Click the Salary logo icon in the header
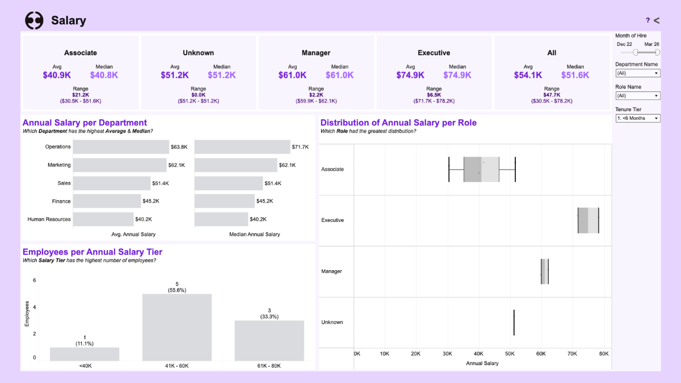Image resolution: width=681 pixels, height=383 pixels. [x=34, y=20]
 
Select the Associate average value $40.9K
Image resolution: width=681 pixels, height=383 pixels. [x=57, y=75]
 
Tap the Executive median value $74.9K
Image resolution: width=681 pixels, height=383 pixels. [x=457, y=75]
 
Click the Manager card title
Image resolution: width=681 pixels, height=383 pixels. [x=316, y=53]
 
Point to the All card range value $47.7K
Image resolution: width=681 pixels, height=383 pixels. [x=552, y=95]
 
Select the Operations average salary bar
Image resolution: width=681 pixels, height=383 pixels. [x=121, y=147]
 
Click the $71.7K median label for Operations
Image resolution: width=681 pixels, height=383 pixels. [x=300, y=147]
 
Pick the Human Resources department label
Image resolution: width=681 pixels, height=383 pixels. [x=49, y=219]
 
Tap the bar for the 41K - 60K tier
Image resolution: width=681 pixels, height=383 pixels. [x=176, y=327]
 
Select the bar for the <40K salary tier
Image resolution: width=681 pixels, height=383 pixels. [x=85, y=354]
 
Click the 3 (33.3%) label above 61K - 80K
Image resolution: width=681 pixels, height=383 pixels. [x=269, y=313]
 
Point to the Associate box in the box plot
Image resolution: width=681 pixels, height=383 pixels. [x=481, y=169]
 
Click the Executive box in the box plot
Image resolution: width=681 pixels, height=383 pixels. [x=588, y=220]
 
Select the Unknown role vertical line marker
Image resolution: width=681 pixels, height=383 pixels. [x=514, y=322]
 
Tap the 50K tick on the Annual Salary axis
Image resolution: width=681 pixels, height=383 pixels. [x=510, y=353]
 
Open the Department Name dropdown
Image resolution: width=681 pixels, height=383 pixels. [x=638, y=73]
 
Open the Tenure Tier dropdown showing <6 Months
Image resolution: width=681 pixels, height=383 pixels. [x=638, y=118]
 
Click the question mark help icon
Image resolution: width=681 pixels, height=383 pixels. [x=648, y=20]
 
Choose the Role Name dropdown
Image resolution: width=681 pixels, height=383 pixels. [x=638, y=96]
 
